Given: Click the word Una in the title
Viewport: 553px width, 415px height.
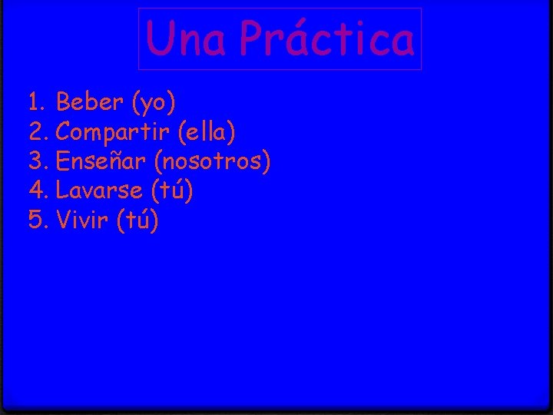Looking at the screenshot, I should [x=186, y=39].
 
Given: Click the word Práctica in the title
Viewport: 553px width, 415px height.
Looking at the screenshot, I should [x=326, y=39].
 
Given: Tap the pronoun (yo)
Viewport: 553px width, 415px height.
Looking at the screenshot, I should [x=154, y=102].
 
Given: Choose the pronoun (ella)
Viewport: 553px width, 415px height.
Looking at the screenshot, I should [x=206, y=132].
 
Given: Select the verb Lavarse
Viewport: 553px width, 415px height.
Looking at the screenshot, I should [x=99, y=191].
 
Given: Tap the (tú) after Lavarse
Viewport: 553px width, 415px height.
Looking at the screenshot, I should [x=172, y=191].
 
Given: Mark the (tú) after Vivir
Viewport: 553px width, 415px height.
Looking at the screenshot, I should [x=138, y=221].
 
